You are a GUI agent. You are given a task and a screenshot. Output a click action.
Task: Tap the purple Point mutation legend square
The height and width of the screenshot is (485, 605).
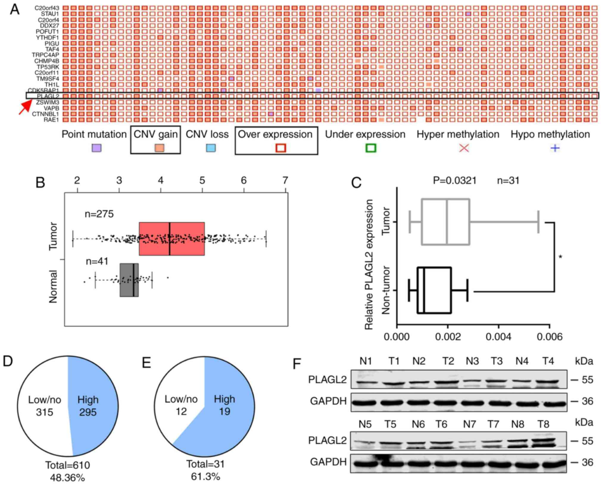(96, 148)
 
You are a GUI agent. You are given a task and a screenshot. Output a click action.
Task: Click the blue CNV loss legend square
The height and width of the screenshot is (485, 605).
(211, 148)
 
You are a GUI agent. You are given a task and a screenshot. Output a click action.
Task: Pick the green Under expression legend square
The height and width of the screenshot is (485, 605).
(371, 148)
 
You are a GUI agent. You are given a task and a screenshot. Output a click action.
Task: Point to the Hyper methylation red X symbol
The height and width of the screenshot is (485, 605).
(464, 148)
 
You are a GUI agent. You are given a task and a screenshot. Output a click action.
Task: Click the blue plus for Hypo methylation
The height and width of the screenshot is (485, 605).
(555, 148)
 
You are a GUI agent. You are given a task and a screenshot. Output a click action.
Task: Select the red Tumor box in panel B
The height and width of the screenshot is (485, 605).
(172, 238)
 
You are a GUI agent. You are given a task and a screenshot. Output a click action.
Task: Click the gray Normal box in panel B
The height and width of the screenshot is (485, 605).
(129, 280)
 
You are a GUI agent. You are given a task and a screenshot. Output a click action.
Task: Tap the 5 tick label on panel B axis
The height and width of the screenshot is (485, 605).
(202, 180)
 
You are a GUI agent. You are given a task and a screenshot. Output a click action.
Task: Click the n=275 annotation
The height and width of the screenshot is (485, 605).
(99, 214)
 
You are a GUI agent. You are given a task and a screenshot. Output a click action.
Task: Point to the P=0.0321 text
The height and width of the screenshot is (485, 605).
(454, 180)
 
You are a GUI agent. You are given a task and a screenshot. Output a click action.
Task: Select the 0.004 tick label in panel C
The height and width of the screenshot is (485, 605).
(499, 337)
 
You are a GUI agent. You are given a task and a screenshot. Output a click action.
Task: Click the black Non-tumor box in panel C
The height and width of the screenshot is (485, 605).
(434, 290)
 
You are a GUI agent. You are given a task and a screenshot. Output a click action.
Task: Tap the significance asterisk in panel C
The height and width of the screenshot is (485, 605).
(561, 257)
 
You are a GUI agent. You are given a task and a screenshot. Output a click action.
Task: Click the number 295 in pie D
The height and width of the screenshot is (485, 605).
(88, 412)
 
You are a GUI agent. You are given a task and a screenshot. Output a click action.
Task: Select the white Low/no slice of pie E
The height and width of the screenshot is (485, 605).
(179, 396)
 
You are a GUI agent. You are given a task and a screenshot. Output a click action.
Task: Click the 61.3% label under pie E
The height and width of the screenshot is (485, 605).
(205, 476)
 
